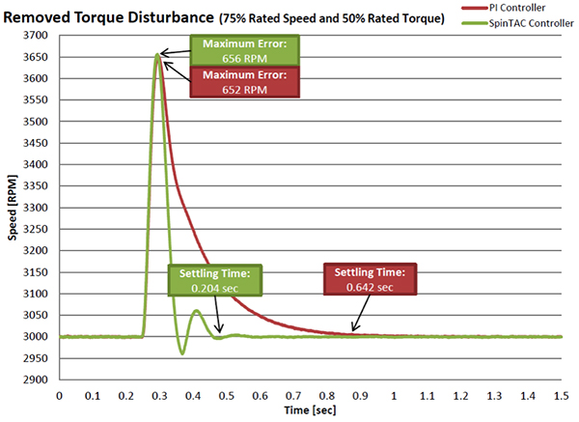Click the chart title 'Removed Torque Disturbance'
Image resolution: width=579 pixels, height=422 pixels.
point(103,16)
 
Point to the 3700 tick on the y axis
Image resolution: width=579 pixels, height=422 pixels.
point(39,36)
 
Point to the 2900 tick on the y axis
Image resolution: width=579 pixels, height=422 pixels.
point(39,380)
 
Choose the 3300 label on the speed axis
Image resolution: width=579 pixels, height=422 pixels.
point(39,208)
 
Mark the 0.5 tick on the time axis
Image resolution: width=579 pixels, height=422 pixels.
point(227,395)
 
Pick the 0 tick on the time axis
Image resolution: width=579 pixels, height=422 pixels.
point(59,395)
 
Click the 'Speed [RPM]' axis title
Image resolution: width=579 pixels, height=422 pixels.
point(12,208)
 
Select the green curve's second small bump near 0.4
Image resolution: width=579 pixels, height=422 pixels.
point(196,311)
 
